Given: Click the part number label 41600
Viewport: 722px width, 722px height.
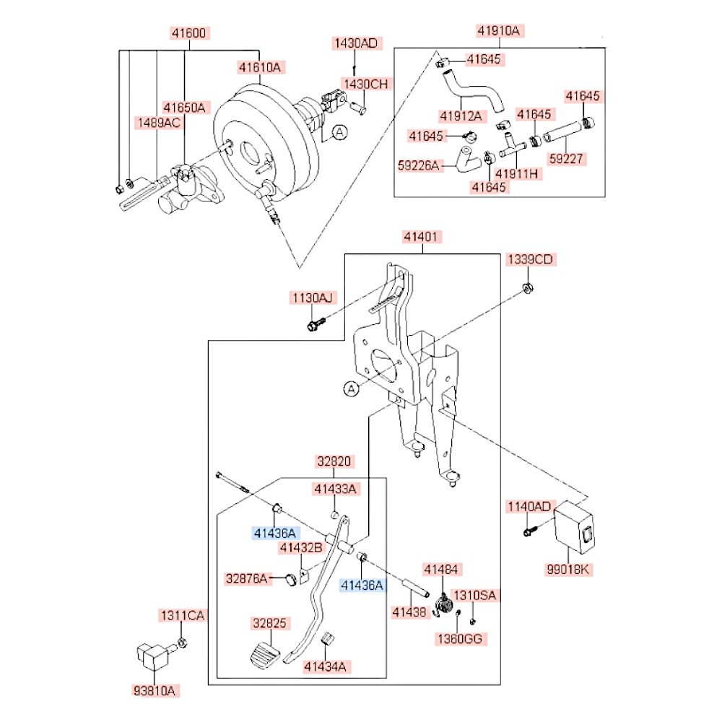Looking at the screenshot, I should pos(189,32).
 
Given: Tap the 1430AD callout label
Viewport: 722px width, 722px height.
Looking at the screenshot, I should pos(355,43).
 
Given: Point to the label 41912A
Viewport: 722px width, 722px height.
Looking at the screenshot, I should pos(461,115).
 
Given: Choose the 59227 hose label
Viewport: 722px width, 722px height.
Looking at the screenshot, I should pos(567,157).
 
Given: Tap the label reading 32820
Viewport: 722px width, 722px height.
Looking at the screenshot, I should pos(334,461).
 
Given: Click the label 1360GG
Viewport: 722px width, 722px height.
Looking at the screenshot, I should pos(461,638).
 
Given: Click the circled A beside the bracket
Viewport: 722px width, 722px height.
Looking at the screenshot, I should pos(351,389).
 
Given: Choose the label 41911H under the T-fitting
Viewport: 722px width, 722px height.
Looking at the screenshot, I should pos(517,173).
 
